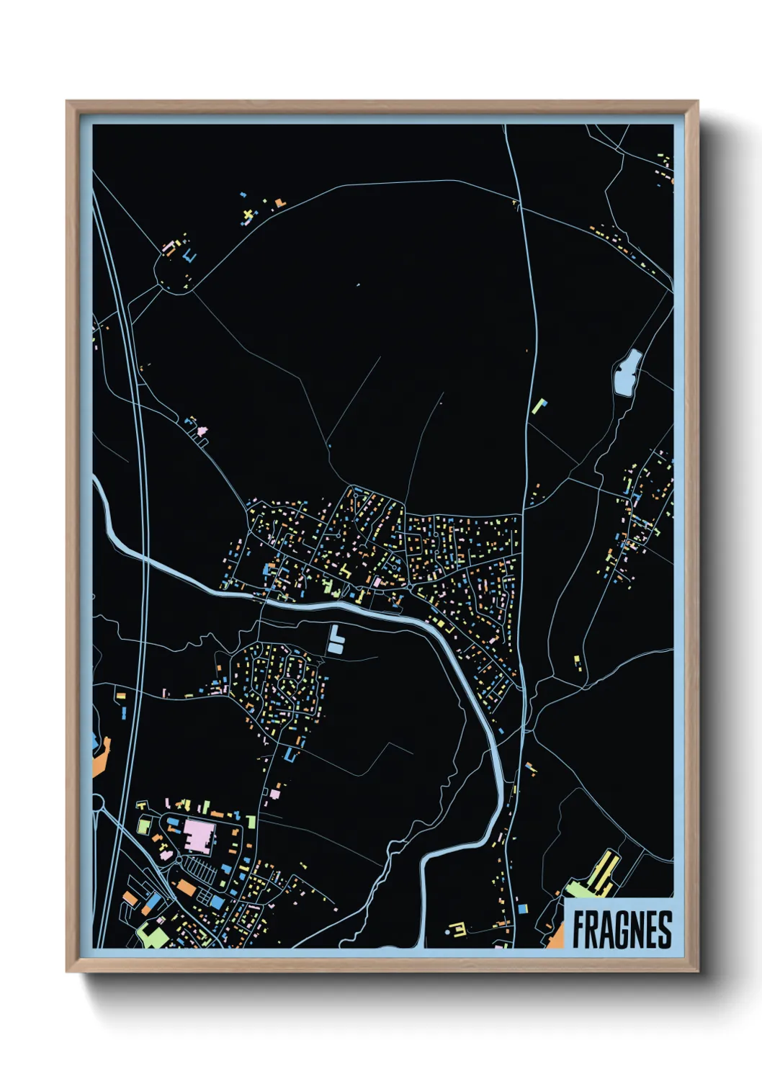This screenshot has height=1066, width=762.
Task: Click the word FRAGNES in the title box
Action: coord(622,929)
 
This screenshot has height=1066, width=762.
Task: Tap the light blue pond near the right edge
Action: coord(627,373)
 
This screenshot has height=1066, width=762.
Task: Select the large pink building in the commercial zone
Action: coord(199,836)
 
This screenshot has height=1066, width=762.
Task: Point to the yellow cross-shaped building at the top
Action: coord(249,214)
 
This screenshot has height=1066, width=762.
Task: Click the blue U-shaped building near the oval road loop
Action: coord(189,256)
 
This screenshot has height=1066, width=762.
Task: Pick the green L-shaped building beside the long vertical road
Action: coord(539,405)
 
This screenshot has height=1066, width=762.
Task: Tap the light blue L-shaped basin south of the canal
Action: coord(336,640)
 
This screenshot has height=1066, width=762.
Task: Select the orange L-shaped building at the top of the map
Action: coord(280,203)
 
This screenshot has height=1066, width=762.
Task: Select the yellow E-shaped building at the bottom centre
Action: coord(457,929)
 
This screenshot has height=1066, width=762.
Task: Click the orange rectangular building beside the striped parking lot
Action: coord(186,888)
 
